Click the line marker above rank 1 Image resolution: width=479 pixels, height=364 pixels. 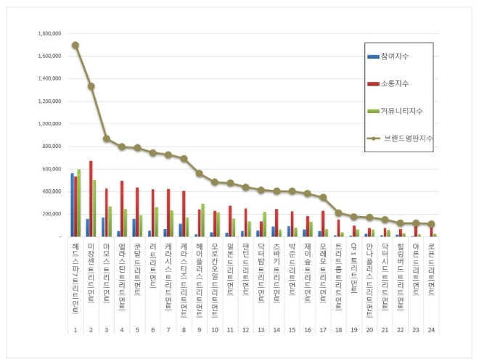pyautogui.click(x=76, y=45)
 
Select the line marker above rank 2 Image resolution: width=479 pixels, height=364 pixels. pyautogui.click(x=91, y=86)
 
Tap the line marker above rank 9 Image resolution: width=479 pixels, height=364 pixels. pyautogui.click(x=199, y=173)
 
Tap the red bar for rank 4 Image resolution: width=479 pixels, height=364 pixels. pyautogui.click(x=122, y=209)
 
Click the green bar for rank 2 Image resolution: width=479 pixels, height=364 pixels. pyautogui.click(x=95, y=208)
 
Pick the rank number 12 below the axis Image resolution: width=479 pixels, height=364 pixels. pyautogui.click(x=245, y=329)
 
